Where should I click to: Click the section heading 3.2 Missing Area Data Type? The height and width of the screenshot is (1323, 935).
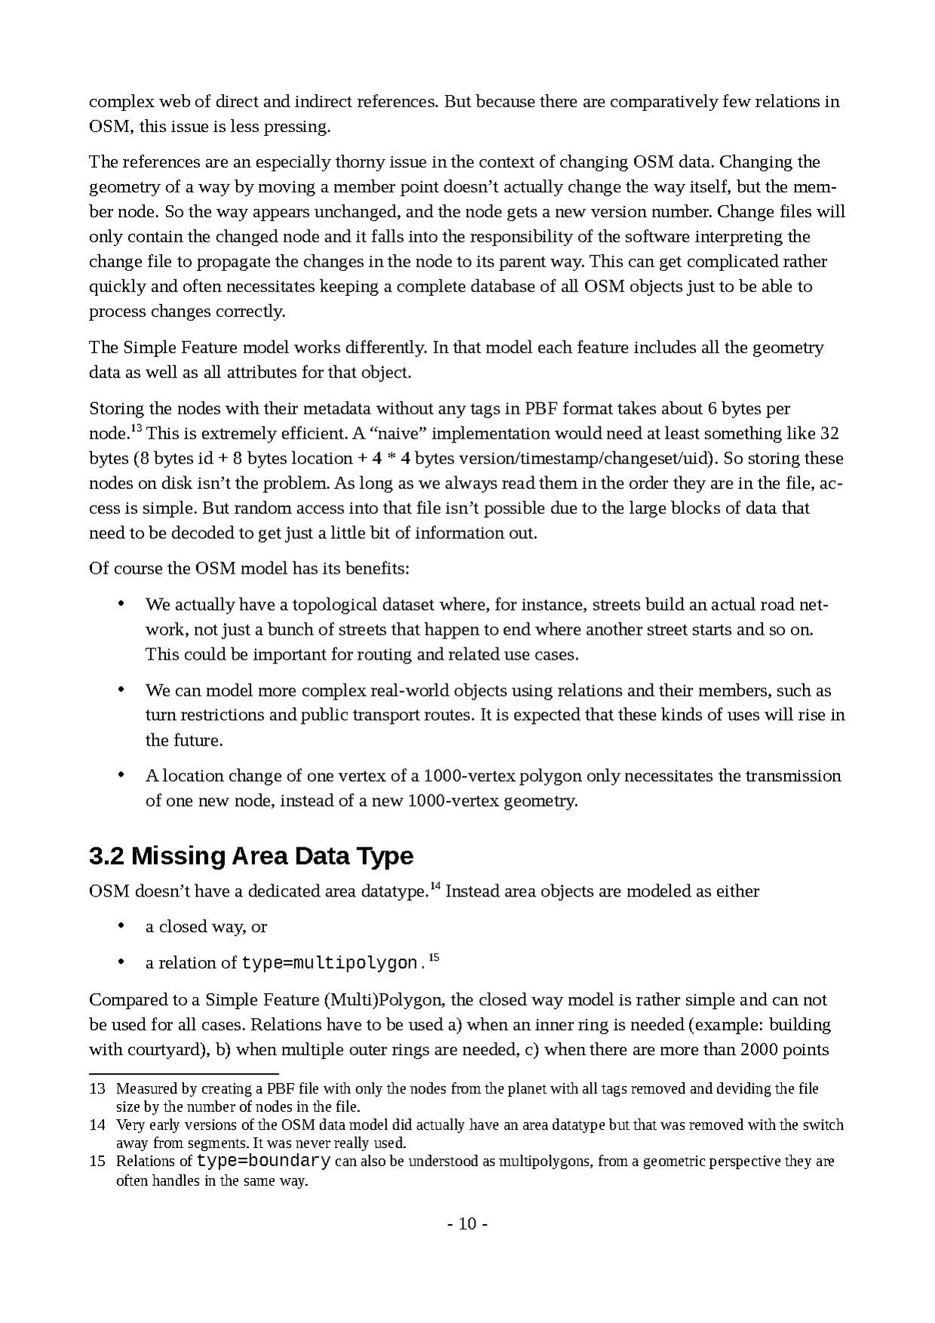251,856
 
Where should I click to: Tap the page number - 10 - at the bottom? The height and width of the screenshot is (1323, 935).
468,1223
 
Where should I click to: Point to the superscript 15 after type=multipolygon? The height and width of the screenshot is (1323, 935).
434,958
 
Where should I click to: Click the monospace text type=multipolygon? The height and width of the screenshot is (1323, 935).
329,963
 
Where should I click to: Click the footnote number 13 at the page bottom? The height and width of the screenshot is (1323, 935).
97,1088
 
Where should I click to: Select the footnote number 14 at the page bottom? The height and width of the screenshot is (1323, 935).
97,1125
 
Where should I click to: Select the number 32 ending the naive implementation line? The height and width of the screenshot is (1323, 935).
829,433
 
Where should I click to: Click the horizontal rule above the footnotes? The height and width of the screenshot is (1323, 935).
183,1073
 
